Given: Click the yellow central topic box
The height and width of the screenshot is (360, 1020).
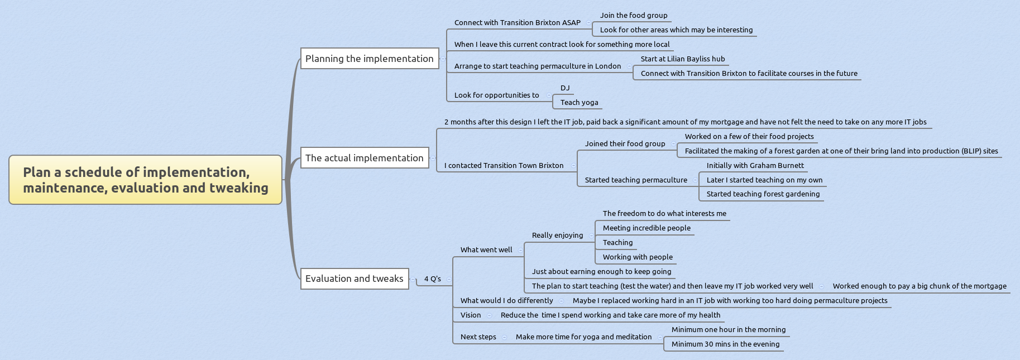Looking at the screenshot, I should coord(145,180).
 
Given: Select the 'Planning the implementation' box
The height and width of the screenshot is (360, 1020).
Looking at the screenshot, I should coord(369,59).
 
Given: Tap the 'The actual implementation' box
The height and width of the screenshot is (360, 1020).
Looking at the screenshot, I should coord(364,158).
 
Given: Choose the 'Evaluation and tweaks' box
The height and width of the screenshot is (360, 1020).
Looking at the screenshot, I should coord(354,279).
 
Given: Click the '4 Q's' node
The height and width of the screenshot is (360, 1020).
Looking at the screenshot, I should coord(432,279).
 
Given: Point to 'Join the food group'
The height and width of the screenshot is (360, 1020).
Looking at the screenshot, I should coord(634,16).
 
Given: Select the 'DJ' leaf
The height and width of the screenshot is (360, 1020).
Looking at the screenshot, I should coord(565,88).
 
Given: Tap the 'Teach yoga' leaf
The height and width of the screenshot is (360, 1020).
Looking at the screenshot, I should coord(579,103).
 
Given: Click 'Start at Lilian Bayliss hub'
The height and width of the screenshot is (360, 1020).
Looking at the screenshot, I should coord(683,59).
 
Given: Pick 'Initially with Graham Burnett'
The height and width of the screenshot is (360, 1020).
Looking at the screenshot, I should coord(755,166).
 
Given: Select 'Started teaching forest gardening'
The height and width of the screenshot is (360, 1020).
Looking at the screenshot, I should coord(763,194).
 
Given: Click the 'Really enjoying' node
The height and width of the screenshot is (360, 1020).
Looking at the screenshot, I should coord(557,236).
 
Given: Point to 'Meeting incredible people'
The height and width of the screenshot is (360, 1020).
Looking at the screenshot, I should coord(647,228).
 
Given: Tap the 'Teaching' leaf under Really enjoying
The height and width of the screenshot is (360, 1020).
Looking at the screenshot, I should coord(617,243).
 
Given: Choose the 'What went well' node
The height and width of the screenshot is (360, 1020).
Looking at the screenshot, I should coord(486,250).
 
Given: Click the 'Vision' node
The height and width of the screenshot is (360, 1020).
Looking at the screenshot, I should coord(470,315).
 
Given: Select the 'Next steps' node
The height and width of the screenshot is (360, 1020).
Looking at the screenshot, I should coord(478,337).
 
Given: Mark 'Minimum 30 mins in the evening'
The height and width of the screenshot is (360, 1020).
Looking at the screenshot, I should coord(725,344).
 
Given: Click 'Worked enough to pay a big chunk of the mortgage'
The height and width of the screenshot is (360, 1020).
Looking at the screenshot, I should coord(920,286).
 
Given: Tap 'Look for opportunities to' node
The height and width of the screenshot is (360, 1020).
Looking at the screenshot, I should coord(496,95).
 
